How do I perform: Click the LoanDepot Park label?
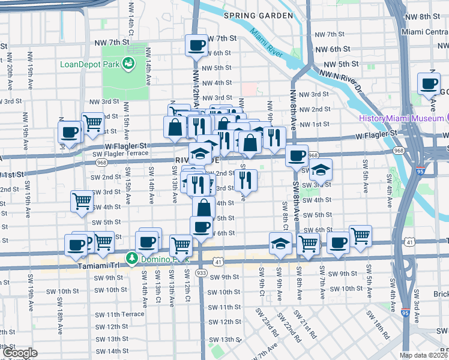click(89, 64)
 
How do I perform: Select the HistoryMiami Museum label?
click(400, 118)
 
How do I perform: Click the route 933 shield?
click(201, 273)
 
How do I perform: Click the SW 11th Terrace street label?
click(117, 314)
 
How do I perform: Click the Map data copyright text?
click(423, 355)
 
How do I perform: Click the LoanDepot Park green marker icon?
click(128, 63)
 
